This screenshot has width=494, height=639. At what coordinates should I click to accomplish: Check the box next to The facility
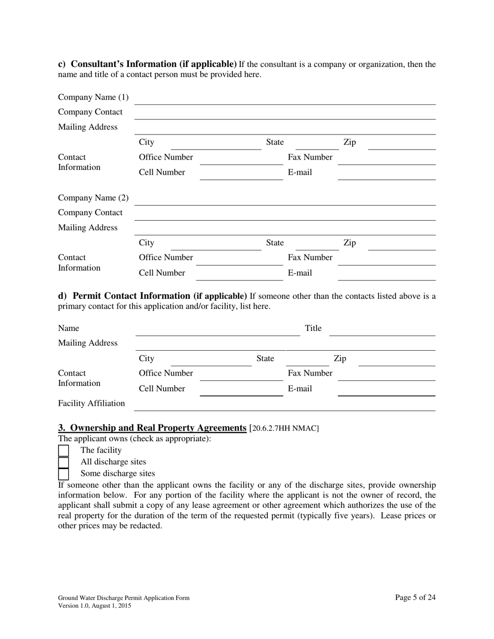coord(63,450)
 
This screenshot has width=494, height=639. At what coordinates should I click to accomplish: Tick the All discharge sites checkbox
coord(63,462)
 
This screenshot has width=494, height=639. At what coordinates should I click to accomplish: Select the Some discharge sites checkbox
coord(63,473)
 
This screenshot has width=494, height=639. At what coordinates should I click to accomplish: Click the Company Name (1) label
coord(93,97)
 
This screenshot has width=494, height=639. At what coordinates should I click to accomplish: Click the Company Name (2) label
coord(93,198)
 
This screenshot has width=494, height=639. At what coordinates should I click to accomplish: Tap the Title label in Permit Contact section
coord(313,328)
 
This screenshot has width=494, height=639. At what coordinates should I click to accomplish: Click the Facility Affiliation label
coord(92,403)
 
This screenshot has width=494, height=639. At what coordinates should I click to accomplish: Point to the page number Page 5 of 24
coord(415,597)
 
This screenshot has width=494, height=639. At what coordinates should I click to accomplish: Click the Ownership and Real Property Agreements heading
coord(152,428)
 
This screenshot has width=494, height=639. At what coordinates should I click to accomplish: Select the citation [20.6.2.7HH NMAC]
coord(284,429)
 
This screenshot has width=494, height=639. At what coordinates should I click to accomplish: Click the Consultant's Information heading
coord(147,64)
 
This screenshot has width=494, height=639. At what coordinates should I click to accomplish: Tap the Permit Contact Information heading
coord(152,296)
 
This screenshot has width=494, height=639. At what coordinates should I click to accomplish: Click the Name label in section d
coord(69,328)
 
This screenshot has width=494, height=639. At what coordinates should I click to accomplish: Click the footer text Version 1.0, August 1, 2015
coord(94,606)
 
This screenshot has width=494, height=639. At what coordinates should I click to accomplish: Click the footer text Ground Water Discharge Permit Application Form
coord(124,598)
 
